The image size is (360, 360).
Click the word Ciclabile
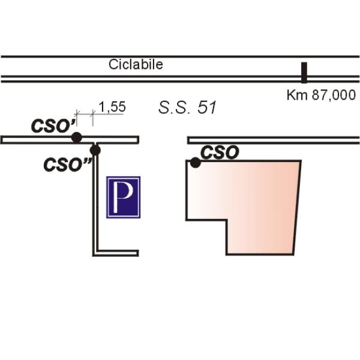click(x=136, y=65)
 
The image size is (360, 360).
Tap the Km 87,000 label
click(x=321, y=95)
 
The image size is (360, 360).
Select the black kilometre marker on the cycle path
click(x=304, y=72)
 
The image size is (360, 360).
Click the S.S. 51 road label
click(x=187, y=108)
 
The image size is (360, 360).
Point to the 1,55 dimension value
click(x=112, y=107)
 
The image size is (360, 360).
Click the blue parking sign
click(x=123, y=197)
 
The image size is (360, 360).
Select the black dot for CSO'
click(x=77, y=137)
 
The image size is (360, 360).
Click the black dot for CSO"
click(x=95, y=150)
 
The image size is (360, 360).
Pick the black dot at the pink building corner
click(x=195, y=162)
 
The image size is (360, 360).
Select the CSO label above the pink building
click(x=220, y=152)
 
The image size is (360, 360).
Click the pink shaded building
click(x=258, y=198)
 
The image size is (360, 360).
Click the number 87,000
click(x=334, y=95)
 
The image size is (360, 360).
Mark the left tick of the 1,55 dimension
click(x=76, y=114)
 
